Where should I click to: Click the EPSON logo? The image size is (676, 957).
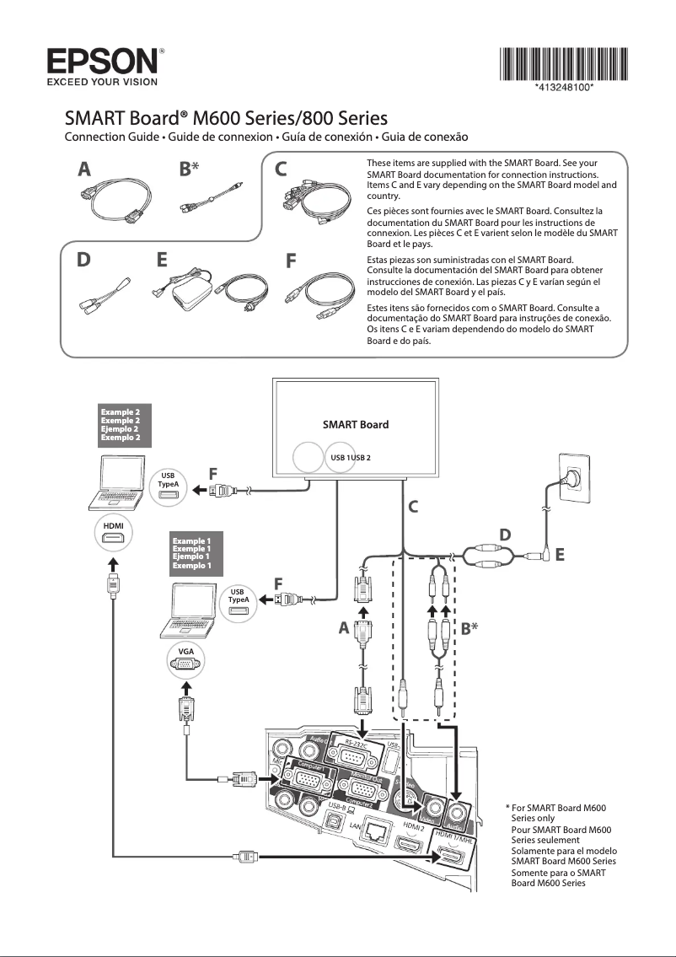pyautogui.click(x=101, y=62)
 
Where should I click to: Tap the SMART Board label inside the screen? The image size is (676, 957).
pyautogui.click(x=356, y=424)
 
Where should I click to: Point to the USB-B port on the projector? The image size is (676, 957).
pyautogui.click(x=334, y=820)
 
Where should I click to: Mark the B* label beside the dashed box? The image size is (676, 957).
pyautogui.click(x=470, y=628)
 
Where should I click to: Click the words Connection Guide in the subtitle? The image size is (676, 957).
pyautogui.click(x=115, y=137)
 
